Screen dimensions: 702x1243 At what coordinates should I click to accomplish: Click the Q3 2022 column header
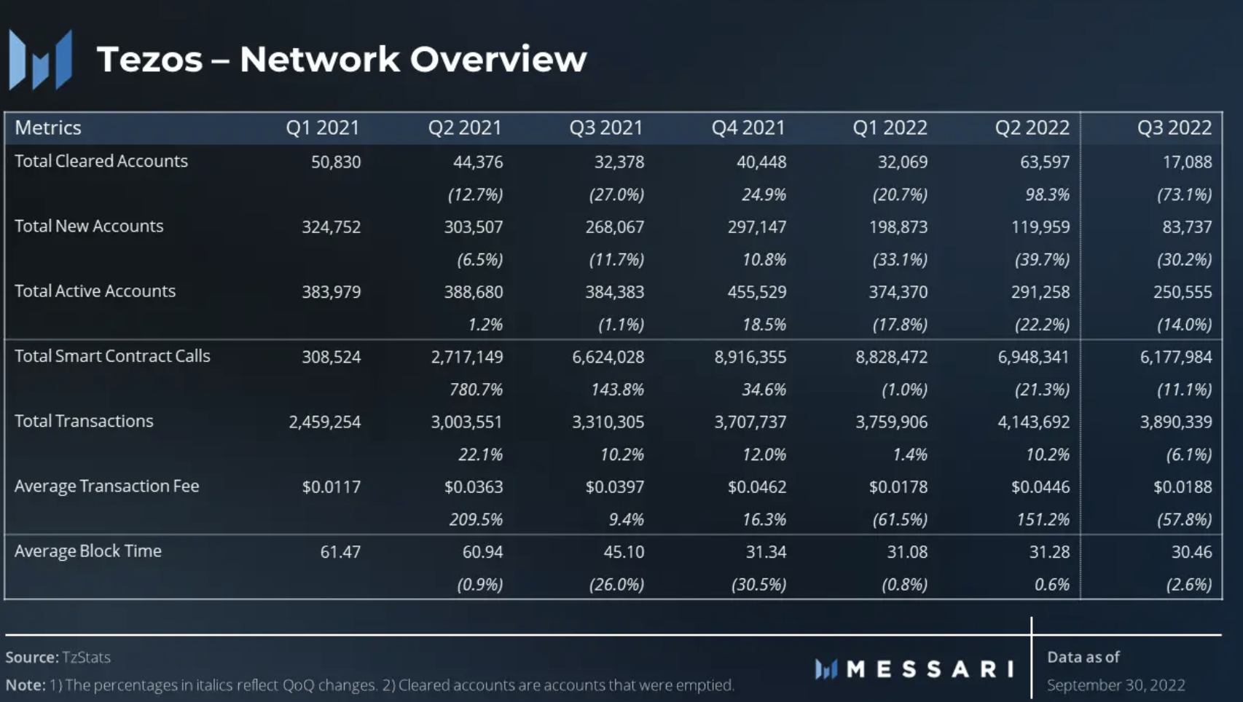(1174, 128)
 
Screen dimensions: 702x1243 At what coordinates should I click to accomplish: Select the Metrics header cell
(48, 128)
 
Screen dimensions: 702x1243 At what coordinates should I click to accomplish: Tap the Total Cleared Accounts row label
(101, 161)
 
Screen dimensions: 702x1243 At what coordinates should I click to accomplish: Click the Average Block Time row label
(88, 551)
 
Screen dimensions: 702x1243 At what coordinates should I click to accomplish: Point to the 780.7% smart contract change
(476, 390)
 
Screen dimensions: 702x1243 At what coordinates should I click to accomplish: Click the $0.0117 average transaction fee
(332, 486)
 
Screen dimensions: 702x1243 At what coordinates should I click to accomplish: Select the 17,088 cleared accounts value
(1187, 162)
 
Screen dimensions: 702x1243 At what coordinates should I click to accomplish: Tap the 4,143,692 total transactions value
(1033, 422)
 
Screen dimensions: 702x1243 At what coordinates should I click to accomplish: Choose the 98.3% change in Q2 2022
(1047, 194)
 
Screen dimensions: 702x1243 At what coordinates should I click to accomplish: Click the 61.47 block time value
(340, 552)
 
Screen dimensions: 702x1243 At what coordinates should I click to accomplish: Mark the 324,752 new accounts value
(332, 227)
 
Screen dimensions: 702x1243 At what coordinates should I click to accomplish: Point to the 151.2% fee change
(1043, 519)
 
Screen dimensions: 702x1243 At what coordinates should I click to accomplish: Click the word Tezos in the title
(149, 59)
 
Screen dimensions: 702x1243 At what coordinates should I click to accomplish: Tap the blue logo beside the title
(41, 60)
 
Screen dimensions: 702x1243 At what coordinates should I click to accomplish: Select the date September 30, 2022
(1115, 685)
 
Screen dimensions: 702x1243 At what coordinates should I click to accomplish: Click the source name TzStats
(86, 658)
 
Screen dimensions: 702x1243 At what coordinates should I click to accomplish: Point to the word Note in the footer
(24, 685)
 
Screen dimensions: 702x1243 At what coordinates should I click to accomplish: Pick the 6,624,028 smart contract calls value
(608, 357)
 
